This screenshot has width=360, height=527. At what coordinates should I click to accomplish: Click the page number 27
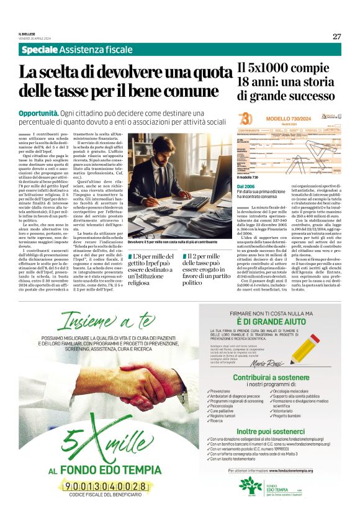tap(336, 36)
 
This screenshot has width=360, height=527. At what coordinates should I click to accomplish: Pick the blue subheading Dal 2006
tap(245, 186)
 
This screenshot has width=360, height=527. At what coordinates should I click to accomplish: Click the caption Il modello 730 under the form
tap(249, 178)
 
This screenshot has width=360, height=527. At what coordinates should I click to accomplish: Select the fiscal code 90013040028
tap(110, 486)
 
